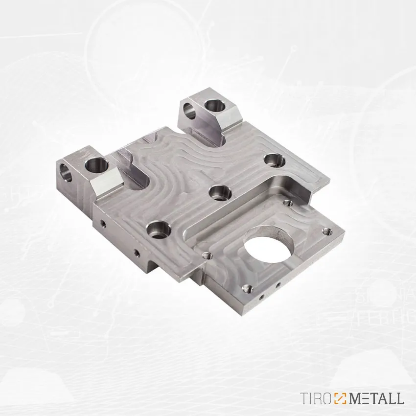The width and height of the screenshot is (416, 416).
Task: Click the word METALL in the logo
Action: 378,398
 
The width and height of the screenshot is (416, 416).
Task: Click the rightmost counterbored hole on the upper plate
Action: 275,160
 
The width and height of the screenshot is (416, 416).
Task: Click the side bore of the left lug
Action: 67,172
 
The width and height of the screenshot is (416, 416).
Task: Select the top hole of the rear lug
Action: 215,107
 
